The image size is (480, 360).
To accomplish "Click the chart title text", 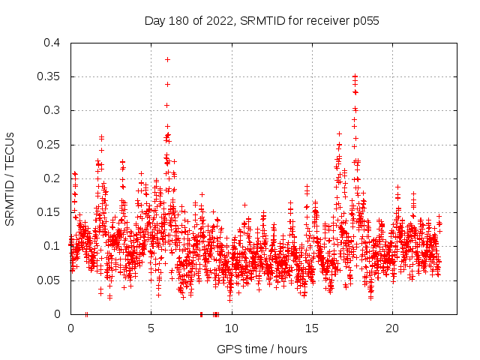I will (261, 21).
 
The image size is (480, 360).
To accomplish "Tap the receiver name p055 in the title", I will (364, 21).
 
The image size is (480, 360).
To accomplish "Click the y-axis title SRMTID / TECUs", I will (10, 178).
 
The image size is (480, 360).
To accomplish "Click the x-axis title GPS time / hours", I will (261, 349).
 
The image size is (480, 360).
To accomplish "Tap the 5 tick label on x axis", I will (151, 328).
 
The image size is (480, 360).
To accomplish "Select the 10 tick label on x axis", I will (231, 328).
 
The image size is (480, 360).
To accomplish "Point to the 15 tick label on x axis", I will (311, 328).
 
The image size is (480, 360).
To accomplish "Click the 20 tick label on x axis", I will (392, 328).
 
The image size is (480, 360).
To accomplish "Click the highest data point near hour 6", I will (167, 59).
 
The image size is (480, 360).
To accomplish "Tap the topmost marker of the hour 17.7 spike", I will (355, 76).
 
